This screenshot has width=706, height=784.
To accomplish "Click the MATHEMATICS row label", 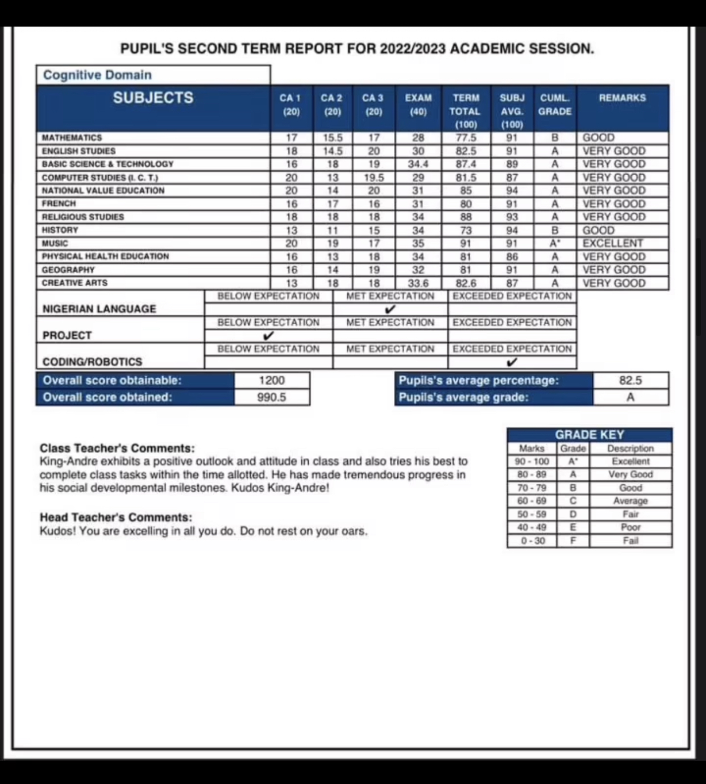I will tap(72, 138).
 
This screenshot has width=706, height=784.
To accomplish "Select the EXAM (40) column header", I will tap(418, 105).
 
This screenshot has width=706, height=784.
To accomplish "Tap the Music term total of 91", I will tap(466, 244).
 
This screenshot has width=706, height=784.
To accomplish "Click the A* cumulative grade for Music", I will tap(555, 244).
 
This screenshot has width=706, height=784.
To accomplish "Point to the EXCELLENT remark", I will tap(613, 244).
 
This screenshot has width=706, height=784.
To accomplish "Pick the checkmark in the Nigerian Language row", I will tap(390, 310).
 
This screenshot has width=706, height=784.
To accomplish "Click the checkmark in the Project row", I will tap(269, 336).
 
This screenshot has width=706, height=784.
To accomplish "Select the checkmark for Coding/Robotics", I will tap(512, 362).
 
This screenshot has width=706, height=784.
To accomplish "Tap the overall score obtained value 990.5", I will tap(272, 397).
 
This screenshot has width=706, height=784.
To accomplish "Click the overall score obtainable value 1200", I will tap(272, 380).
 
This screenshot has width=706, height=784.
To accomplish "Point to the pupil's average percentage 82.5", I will tap(630, 380).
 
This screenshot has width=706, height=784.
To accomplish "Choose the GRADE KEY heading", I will tap(589, 435).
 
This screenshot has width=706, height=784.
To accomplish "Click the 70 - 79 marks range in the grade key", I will tap(531, 488).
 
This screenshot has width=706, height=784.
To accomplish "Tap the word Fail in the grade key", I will tap(630, 540).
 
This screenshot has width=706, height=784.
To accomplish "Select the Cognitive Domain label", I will tap(97, 75).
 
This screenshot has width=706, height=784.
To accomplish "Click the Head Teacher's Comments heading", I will tap(116, 517).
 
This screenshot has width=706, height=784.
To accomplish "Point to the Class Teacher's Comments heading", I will tap(117, 448).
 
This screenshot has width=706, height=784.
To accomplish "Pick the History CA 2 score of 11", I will tap(333, 230).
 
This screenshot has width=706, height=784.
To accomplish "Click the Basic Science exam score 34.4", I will tap(418, 164).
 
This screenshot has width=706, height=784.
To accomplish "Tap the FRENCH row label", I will tap(59, 204).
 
